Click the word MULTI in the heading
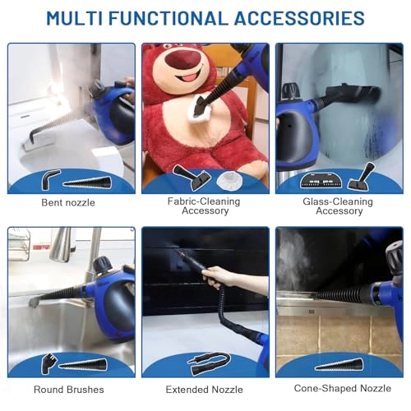(75, 18)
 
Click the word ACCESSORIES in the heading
(299, 18)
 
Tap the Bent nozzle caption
(68, 203)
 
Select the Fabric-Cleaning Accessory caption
(204, 206)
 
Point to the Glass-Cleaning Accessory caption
(338, 206)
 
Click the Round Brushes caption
(69, 390)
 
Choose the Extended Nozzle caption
(205, 390)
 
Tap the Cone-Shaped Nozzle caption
(343, 389)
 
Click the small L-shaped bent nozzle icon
(50, 179)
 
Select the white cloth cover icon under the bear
(229, 181)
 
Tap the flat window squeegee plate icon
(321, 180)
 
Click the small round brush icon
(48, 363)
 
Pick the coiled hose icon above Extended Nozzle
(209, 363)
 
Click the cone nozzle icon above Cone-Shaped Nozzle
(339, 364)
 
